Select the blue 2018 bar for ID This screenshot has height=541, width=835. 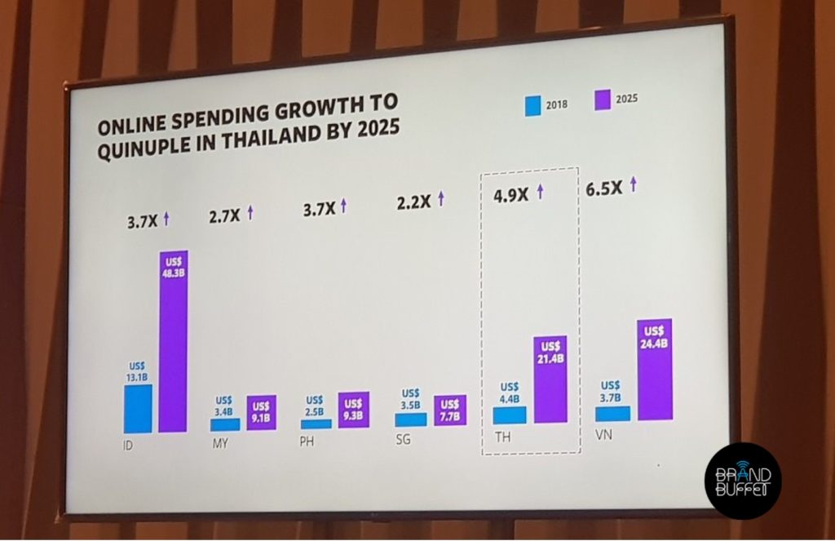138,408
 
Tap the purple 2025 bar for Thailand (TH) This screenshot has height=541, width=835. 550,379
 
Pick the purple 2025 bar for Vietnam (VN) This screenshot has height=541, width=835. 654,370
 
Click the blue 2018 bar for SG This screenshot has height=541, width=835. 410,419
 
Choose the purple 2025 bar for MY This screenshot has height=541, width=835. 261,413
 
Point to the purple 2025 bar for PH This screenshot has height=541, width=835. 353,410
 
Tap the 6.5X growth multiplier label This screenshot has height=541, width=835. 605,187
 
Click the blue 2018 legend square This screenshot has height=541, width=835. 532,105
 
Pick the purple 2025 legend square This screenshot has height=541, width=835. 603,101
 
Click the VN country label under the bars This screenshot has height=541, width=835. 604,436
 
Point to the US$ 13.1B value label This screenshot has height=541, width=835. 136,371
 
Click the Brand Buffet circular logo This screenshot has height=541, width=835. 743,481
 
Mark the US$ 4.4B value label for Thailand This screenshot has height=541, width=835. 510,392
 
